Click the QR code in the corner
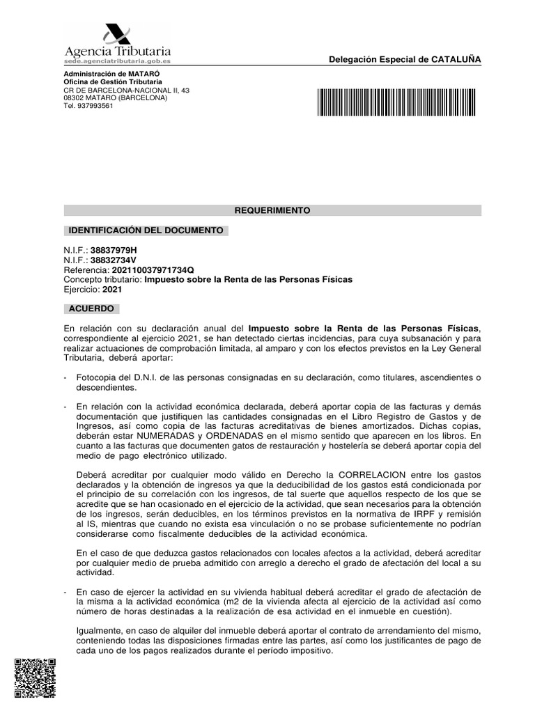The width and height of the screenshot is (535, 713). pyautogui.click(x=35, y=677)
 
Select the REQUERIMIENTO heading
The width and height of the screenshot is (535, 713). pyautogui.click(x=272, y=210)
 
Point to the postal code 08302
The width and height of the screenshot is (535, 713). pyautogui.click(x=74, y=98)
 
